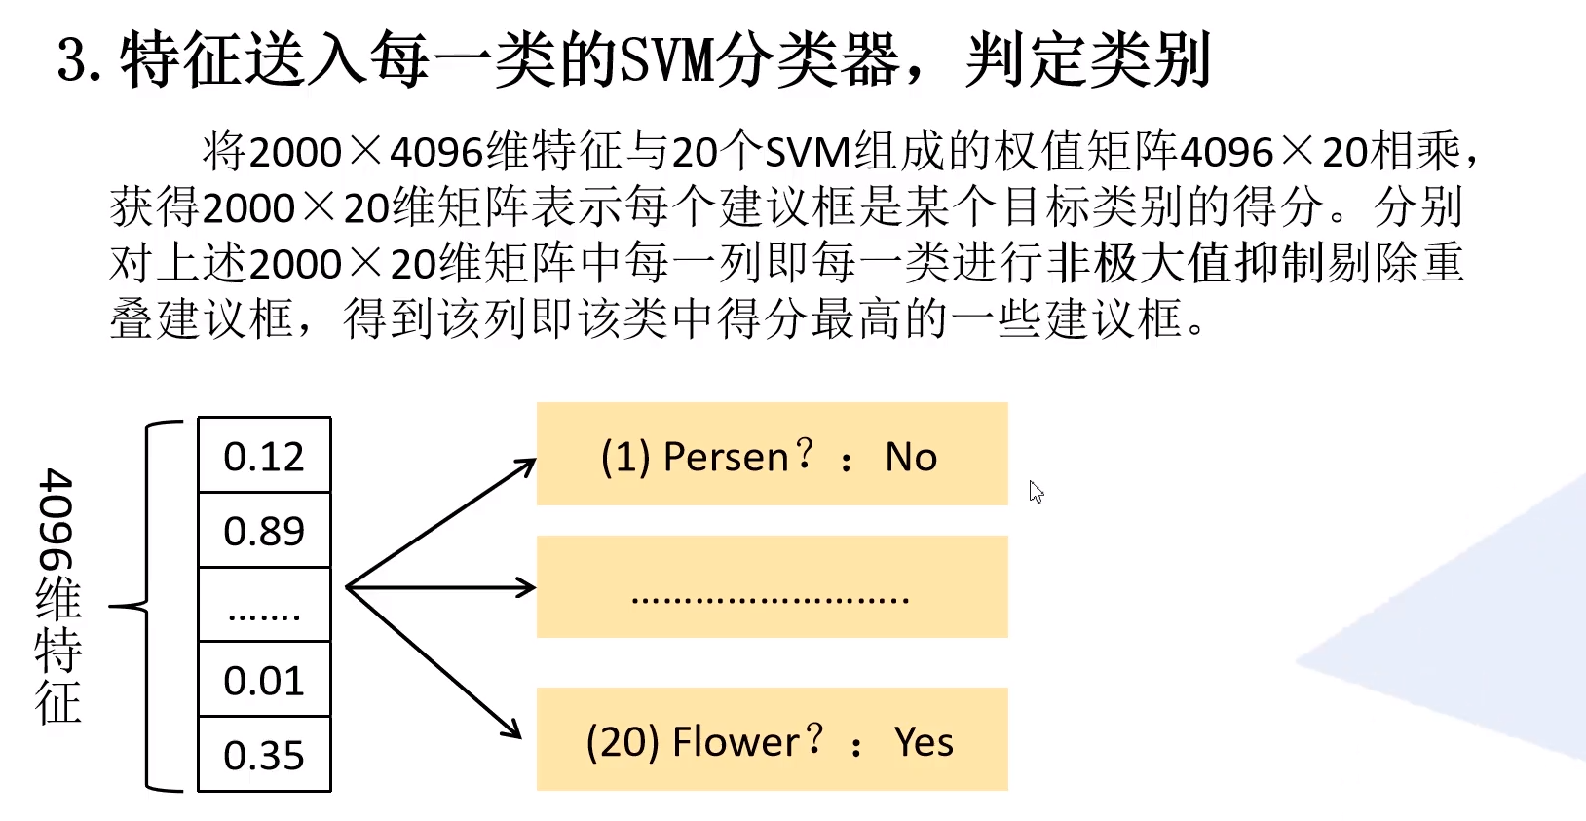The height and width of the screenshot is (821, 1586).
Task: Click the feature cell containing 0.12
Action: pos(264,456)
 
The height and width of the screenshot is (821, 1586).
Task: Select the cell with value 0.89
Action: pos(264,531)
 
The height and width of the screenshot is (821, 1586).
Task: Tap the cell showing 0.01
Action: pos(264,680)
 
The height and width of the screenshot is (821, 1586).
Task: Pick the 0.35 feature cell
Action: pos(264,755)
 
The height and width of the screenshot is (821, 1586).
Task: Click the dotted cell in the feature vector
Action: pos(264,606)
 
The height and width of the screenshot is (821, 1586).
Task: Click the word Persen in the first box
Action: pos(725,457)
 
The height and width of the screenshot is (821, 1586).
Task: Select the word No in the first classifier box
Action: pos(911,457)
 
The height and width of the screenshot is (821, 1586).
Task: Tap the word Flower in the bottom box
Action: pos(736,742)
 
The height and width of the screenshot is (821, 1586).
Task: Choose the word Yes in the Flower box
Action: pos(924,742)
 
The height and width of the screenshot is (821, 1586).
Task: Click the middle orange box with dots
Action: pos(772,587)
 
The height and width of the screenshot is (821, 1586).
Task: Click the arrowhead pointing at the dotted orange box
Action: pos(526,587)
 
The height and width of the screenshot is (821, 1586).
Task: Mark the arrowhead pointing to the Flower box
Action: pos(512,729)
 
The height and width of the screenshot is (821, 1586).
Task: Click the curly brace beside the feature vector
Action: pos(146,606)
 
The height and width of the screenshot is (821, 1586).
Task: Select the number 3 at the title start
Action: pos(74,60)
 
